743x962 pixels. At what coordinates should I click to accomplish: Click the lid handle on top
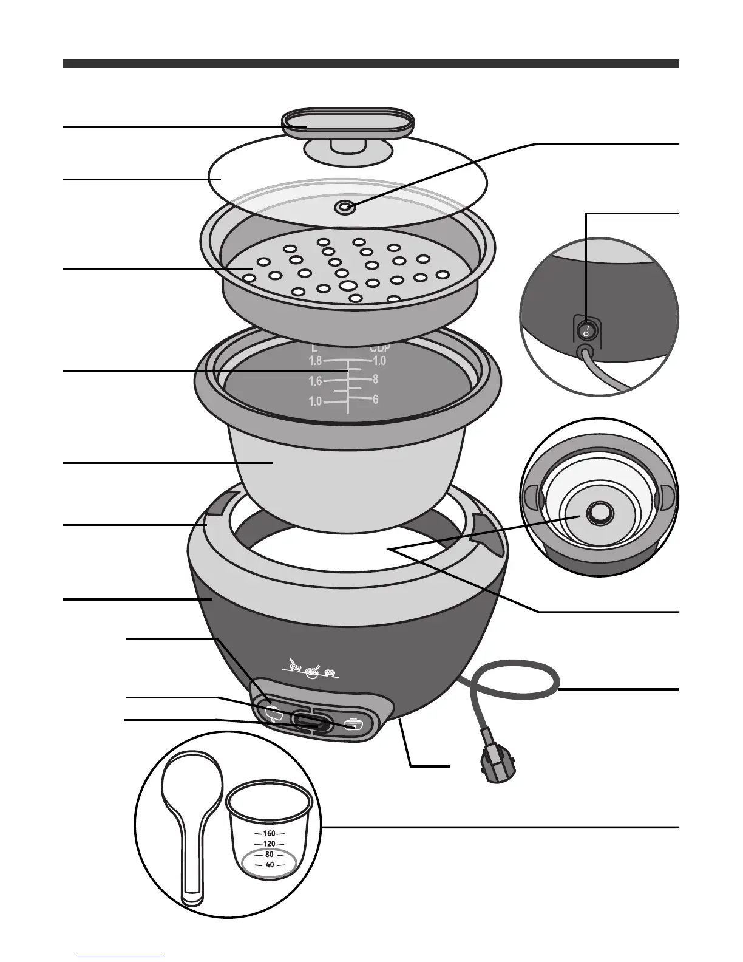(348, 123)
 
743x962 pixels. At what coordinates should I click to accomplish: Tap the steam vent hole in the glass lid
(345, 208)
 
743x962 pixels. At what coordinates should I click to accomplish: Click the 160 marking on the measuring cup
(270, 834)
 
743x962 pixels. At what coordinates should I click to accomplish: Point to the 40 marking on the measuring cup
(270, 865)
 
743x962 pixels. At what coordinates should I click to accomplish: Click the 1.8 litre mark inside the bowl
(315, 361)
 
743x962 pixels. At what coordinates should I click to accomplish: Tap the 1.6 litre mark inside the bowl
(315, 381)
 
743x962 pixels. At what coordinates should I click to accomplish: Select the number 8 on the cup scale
(376, 380)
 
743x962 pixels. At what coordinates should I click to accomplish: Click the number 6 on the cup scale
(376, 400)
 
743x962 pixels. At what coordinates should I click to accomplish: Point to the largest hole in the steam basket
(348, 285)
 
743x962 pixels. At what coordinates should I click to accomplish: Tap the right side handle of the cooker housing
(486, 526)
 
